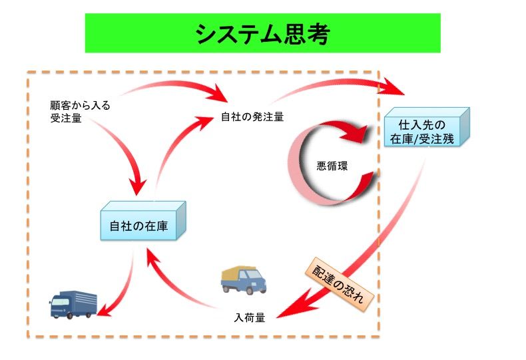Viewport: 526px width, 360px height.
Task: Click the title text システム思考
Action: coord(262,33)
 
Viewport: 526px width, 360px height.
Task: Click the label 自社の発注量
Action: coord(252,117)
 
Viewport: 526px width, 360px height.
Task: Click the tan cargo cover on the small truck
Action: coord(240,272)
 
